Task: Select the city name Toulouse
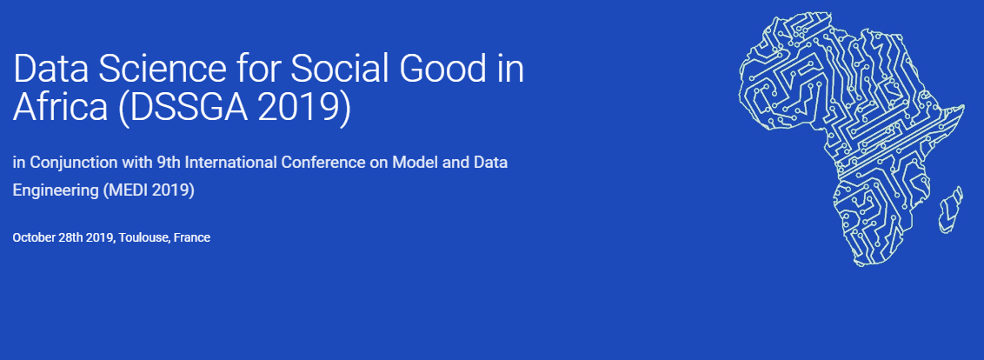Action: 144,238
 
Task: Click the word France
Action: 192,237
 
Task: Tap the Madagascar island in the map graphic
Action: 950,210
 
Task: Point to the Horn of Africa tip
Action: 965,106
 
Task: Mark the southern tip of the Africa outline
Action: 860,263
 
